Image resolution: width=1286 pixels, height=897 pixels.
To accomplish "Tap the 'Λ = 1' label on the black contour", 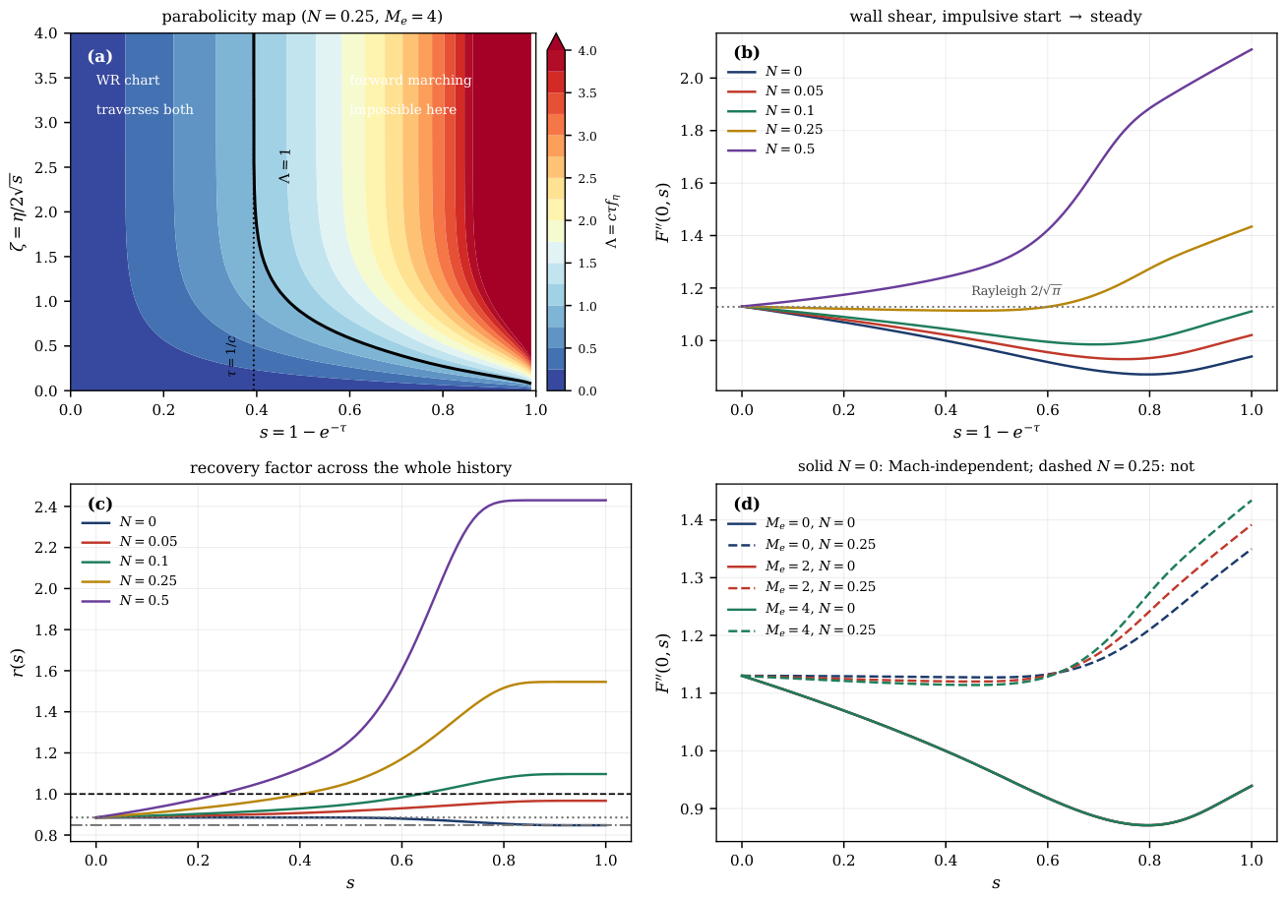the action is [285, 166].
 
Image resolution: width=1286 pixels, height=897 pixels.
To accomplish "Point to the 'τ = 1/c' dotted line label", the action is [231, 356].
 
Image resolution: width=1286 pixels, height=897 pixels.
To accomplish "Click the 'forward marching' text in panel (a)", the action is [410, 80].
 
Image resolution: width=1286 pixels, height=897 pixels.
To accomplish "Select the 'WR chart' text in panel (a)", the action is [128, 80].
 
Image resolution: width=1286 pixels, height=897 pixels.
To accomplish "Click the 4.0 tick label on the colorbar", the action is [586, 50].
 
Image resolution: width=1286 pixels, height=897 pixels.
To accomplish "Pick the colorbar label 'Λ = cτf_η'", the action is [613, 221].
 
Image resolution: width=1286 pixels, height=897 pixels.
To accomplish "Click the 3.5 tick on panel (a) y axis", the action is [45, 78].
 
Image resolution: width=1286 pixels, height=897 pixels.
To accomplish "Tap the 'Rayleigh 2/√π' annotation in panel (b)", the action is [1015, 290].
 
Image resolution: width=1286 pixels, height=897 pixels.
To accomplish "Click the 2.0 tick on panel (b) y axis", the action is [692, 78].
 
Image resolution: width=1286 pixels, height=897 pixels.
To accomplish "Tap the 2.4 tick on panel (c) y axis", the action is [45, 507].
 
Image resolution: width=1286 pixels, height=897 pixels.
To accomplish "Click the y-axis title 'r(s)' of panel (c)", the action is [19, 663].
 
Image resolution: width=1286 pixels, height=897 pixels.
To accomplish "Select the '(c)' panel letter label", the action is [100, 504].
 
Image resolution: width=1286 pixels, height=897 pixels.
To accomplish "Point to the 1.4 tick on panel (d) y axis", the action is [692, 520].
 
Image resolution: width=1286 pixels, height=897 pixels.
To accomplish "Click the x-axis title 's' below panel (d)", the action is [996, 882].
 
